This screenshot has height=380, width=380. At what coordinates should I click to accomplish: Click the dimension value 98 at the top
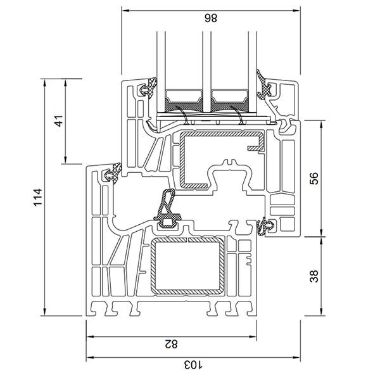[x=211, y=18]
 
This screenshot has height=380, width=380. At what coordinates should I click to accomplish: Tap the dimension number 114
[x=38, y=197]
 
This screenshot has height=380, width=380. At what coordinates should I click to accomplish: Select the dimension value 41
[x=59, y=121]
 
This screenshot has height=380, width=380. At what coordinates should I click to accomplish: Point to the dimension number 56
[x=314, y=179]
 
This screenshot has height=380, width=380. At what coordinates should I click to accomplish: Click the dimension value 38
[x=314, y=276]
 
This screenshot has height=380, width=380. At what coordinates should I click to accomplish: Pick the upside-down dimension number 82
[x=171, y=344]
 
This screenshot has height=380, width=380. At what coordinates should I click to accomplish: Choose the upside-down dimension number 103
[x=193, y=365]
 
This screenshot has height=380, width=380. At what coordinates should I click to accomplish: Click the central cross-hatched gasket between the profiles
[x=168, y=208]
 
